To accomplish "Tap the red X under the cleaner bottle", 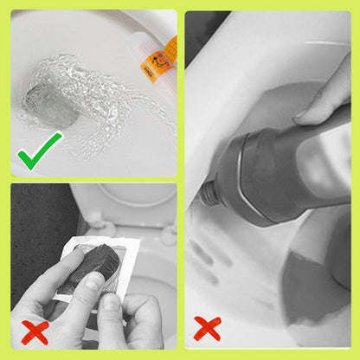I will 208,328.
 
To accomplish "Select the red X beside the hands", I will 34,331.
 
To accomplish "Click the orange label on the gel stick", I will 164,55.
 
